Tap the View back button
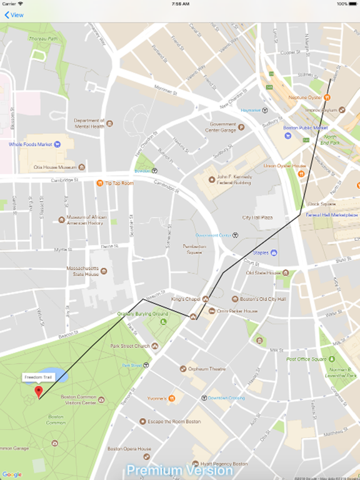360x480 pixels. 14,15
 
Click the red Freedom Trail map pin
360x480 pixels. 39,391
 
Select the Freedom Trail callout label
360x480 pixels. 39,377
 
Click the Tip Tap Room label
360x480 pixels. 119,183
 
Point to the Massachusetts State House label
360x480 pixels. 83,271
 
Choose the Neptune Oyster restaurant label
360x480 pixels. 305,97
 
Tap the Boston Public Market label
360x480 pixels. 306,127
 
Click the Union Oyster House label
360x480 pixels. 285,166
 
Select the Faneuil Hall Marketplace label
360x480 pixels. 332,214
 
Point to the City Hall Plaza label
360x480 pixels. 258,217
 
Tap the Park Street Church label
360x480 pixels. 130,346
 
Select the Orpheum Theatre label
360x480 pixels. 209,369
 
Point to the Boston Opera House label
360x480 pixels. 129,449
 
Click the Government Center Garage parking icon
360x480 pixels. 241,127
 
